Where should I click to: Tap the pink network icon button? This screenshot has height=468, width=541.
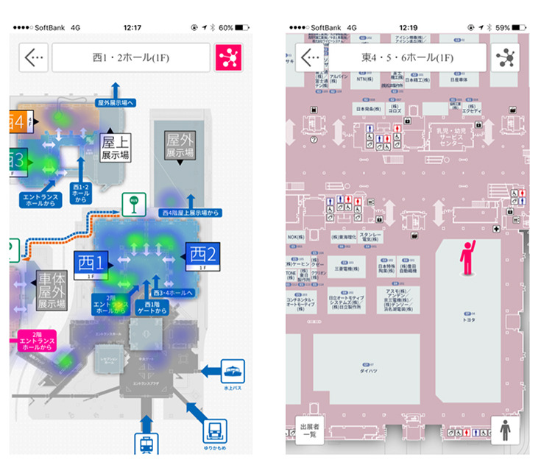[x=228, y=58]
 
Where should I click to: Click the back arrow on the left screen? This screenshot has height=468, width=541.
[x=32, y=58]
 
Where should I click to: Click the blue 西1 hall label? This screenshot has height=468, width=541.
[x=91, y=261]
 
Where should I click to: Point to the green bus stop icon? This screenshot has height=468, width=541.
[x=133, y=201]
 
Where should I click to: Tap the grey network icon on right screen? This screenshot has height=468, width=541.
[x=505, y=58]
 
